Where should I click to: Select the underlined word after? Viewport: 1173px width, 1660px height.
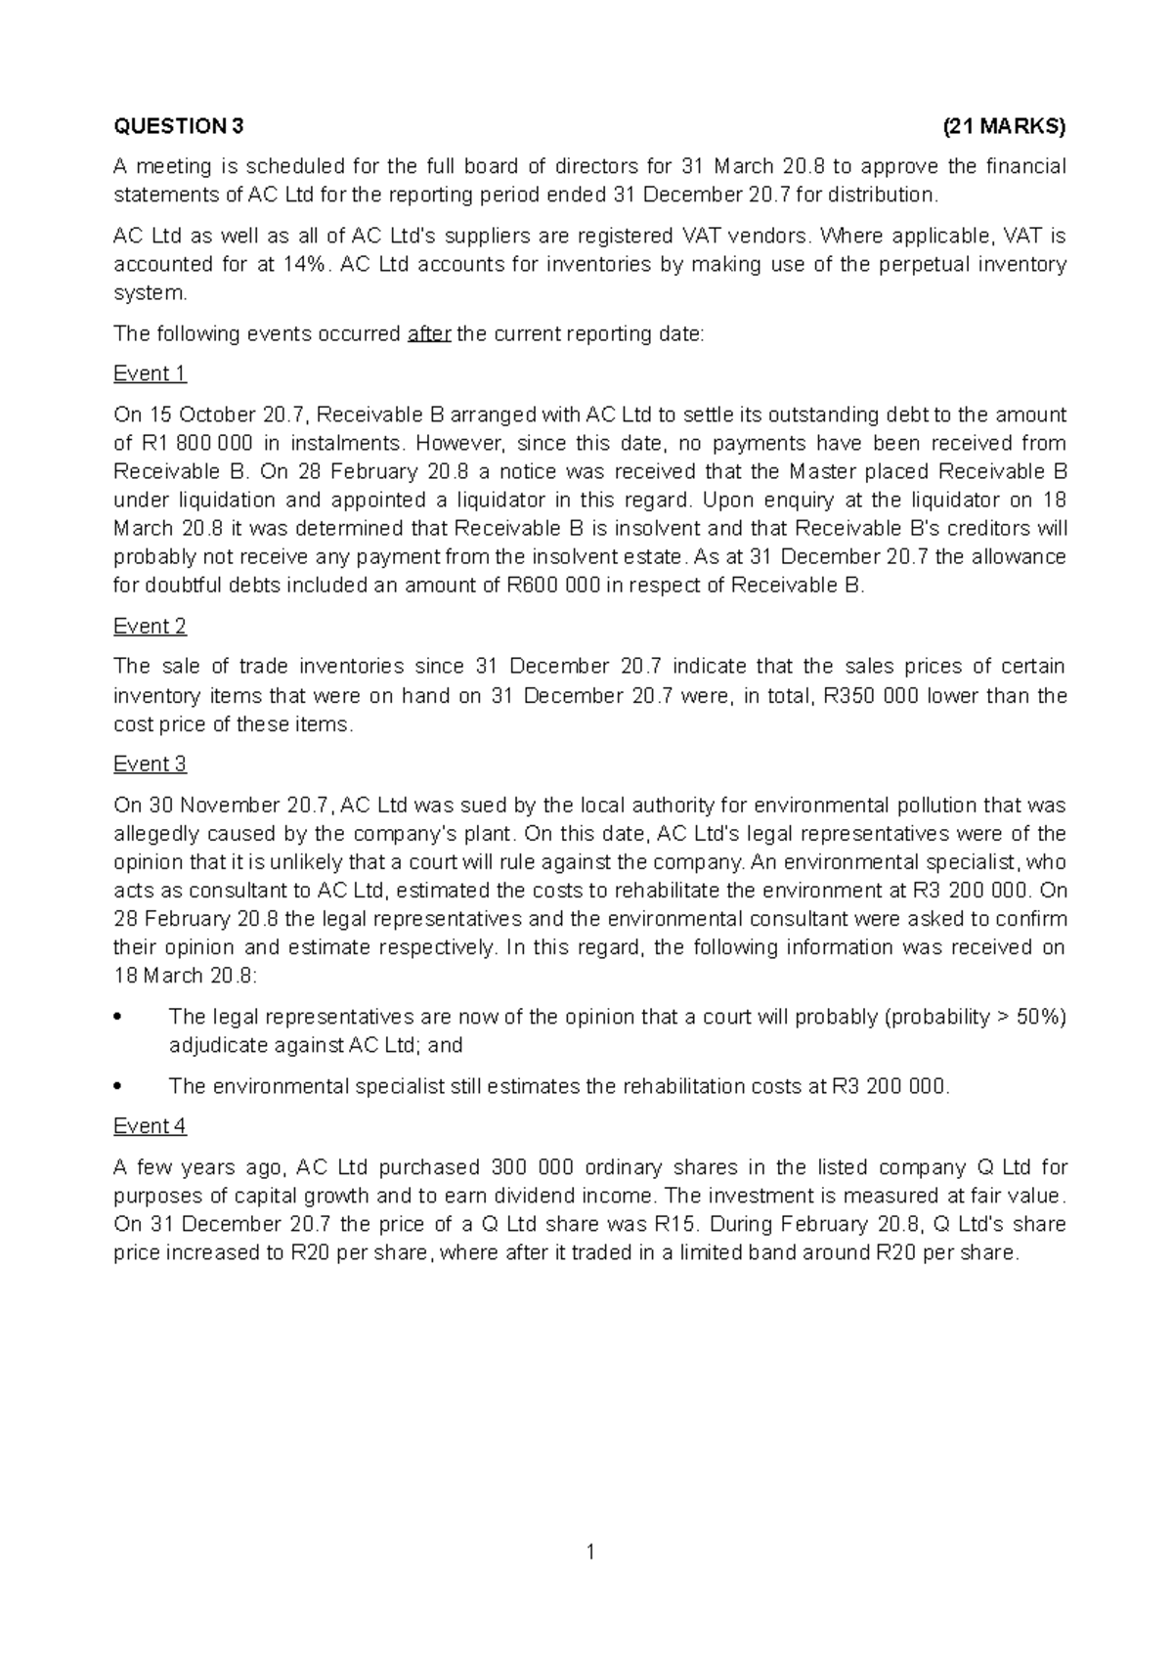coord(428,333)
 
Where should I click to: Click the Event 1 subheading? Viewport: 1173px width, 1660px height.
coord(150,373)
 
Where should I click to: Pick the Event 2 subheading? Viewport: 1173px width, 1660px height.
coord(150,626)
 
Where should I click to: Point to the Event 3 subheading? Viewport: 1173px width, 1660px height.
coord(150,764)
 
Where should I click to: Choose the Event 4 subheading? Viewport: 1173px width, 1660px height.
coord(150,1125)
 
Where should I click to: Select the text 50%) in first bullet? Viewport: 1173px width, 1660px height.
coord(1041,1017)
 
